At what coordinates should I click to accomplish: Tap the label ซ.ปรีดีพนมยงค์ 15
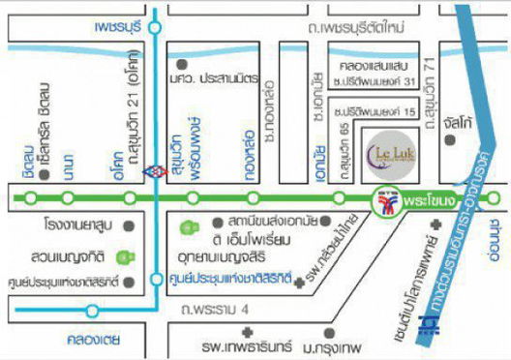384,114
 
